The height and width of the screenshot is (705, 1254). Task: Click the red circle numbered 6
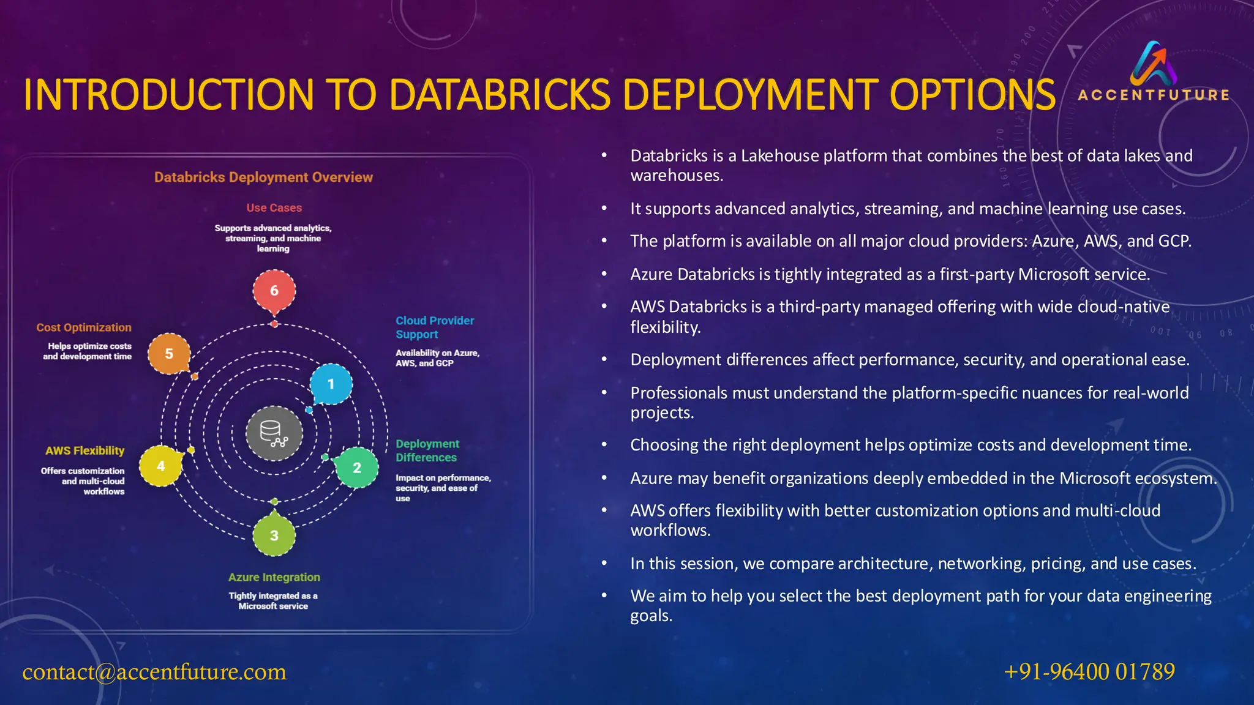pyautogui.click(x=274, y=291)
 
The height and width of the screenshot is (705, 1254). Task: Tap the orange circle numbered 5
pyautogui.click(x=169, y=354)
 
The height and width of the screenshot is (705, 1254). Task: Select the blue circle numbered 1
pyautogui.click(x=331, y=384)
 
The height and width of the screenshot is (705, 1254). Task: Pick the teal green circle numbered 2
pyautogui.click(x=357, y=468)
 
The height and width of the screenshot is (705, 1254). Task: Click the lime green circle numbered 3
pyautogui.click(x=274, y=535)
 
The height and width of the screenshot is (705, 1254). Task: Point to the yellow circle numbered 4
pyautogui.click(x=161, y=466)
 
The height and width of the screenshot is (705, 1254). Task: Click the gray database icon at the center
pyautogui.click(x=274, y=433)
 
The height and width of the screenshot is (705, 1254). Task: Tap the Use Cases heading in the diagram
pyautogui.click(x=274, y=208)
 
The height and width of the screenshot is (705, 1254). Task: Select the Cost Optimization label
pyautogui.click(x=84, y=327)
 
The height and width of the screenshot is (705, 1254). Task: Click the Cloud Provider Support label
pyautogui.click(x=434, y=327)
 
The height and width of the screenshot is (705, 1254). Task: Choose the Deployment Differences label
pyautogui.click(x=427, y=450)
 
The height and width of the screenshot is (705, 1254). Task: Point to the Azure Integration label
pyautogui.click(x=274, y=577)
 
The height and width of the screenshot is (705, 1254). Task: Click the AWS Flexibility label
pyautogui.click(x=84, y=450)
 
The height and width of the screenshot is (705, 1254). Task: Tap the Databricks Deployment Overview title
pyautogui.click(x=263, y=177)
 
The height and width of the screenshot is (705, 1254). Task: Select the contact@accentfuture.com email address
pyautogui.click(x=154, y=672)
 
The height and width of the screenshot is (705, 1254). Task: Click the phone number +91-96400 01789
pyautogui.click(x=1089, y=672)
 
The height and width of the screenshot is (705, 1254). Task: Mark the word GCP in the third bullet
pyautogui.click(x=1174, y=241)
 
